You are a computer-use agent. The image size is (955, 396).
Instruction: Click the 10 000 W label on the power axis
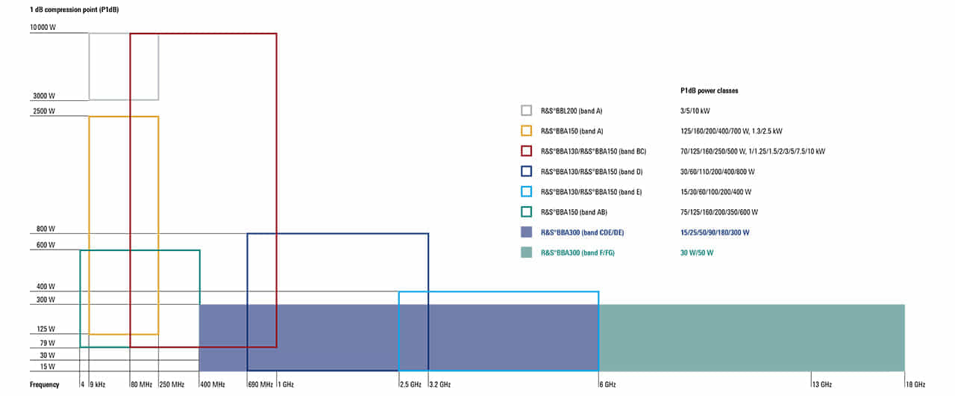click(43, 28)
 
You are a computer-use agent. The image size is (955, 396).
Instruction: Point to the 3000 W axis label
click(44, 96)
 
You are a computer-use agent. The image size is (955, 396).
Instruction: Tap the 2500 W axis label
click(44, 111)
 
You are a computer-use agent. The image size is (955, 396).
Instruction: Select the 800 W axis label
click(46, 229)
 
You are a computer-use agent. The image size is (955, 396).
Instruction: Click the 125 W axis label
click(46, 330)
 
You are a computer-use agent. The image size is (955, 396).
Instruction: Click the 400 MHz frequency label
click(212, 385)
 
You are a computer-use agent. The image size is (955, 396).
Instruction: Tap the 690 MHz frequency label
click(260, 385)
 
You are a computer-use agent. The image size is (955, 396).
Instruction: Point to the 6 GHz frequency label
click(607, 385)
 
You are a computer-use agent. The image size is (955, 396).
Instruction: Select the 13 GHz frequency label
click(821, 385)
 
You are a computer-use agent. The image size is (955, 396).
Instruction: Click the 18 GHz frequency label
click(915, 385)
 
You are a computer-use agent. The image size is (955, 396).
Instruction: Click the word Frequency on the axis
click(44, 385)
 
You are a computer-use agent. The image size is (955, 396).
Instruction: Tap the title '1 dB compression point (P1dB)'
click(75, 10)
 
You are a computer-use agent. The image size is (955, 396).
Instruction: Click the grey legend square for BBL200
click(527, 111)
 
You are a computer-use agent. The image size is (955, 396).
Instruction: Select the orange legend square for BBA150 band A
click(527, 131)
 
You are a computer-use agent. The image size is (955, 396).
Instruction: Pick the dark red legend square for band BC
click(527, 151)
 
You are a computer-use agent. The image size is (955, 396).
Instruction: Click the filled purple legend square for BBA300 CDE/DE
click(527, 232)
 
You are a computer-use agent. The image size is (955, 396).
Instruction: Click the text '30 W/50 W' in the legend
click(697, 253)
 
